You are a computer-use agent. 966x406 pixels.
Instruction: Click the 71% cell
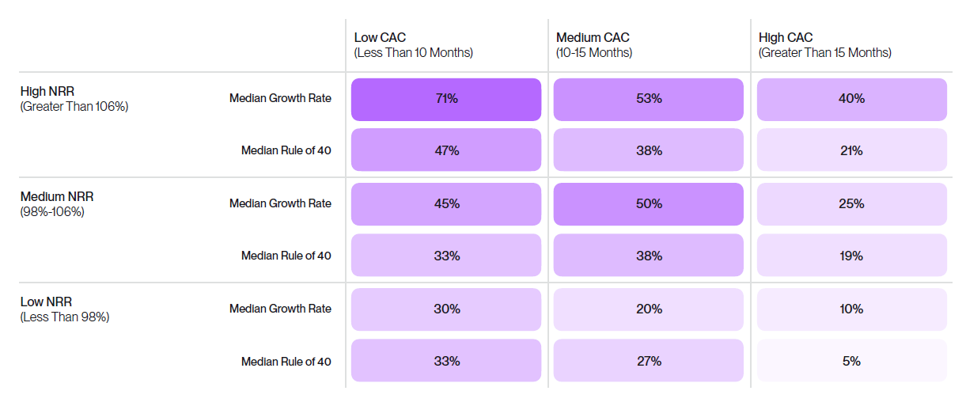click(446, 99)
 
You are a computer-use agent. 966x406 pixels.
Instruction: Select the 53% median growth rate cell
click(649, 99)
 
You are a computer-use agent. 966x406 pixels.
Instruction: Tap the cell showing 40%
click(851, 99)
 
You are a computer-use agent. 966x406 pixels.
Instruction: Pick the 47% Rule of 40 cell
click(446, 150)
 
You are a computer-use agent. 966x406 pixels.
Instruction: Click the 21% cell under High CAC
click(851, 150)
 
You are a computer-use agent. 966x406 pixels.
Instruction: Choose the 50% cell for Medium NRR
click(649, 203)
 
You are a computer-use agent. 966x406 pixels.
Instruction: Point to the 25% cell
click(851, 203)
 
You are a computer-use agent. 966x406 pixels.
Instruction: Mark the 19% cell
click(851, 256)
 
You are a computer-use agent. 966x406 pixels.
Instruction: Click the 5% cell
click(851, 361)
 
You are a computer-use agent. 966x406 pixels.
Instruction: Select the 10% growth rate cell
click(851, 309)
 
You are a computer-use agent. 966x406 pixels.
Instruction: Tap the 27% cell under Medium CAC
click(649, 361)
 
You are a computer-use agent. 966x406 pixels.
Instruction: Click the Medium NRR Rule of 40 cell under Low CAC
click(446, 256)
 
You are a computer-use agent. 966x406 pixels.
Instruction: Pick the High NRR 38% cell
click(649, 150)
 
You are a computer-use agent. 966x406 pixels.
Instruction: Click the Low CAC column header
click(413, 45)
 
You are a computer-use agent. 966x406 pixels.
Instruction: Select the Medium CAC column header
click(594, 45)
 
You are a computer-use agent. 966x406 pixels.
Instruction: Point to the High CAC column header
click(824, 45)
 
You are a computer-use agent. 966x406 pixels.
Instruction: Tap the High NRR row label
click(74, 99)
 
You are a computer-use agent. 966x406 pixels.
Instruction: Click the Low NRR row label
click(64, 309)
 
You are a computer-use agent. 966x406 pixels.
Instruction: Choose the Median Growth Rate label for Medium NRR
click(280, 203)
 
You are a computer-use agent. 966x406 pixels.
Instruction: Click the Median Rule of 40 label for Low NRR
click(286, 362)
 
